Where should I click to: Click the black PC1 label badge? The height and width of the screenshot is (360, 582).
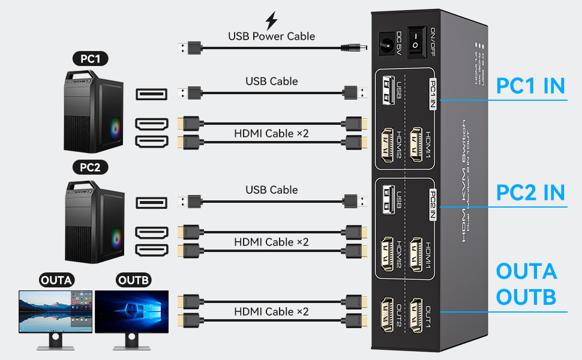click(x=90, y=59)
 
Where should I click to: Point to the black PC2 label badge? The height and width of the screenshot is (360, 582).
click(x=90, y=167)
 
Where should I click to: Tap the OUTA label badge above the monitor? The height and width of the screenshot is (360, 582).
click(x=57, y=280)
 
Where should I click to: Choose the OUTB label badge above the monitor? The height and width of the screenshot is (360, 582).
click(x=131, y=280)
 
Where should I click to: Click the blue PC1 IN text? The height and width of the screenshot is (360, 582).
click(x=530, y=86)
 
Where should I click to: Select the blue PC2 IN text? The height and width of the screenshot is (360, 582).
click(x=530, y=193)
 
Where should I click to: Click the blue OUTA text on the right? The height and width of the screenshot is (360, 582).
click(x=526, y=271)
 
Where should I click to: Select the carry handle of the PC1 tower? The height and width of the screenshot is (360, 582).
click(x=85, y=76)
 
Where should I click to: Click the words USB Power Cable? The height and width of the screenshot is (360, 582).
click(x=271, y=36)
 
